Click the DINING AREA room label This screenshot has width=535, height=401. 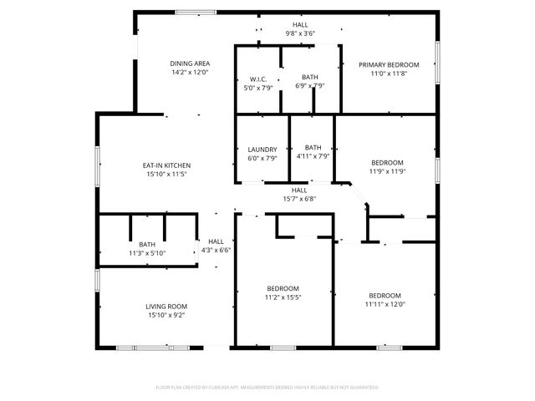pos(190,63)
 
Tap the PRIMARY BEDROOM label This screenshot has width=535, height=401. pos(389,64)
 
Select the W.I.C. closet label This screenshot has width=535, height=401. pos(257,79)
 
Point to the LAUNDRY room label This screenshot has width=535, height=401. pos(262,150)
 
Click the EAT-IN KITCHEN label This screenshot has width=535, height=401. pos(166,165)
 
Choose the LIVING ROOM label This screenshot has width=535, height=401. pos(166,307)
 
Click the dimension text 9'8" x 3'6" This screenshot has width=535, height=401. pos(299,34)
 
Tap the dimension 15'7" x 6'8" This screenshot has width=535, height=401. pos(299,199)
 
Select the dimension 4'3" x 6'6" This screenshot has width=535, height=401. pos(216,250)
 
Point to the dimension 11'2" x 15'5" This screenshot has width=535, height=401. pos(283,297)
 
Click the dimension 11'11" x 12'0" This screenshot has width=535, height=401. pos(385,304)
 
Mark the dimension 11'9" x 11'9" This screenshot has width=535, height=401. pos(387,171)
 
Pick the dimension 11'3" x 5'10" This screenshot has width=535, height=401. pos(147,253)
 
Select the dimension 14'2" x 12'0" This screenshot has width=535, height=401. pos(190,73)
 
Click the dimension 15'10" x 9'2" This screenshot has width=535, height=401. pos(166,316)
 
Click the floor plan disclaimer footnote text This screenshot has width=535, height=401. pos(267,388)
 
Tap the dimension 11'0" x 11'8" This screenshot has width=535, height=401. pos(389,74)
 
